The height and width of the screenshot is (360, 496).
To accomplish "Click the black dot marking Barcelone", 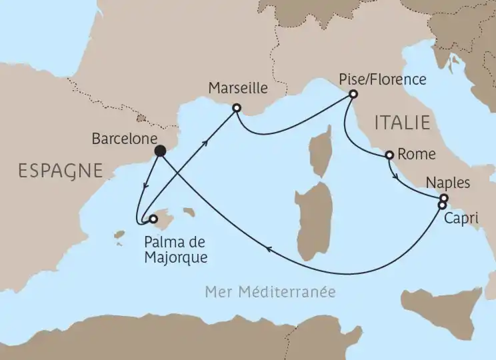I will click(160, 151).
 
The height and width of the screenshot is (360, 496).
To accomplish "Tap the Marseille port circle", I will click(236, 107).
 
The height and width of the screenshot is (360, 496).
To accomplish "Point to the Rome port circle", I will click(389, 156).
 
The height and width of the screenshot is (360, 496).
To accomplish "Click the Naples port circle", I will click(443, 198).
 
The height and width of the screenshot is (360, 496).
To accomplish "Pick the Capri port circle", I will click(441, 205).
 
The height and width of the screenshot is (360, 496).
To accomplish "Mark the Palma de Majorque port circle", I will click(153, 218).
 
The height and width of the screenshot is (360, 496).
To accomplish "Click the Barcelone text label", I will click(121, 139).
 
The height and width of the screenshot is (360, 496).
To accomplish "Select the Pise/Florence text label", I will click(381, 79).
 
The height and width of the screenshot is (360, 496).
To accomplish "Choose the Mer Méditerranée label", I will click(269, 292).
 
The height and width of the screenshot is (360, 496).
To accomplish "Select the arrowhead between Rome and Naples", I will click(397, 178).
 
